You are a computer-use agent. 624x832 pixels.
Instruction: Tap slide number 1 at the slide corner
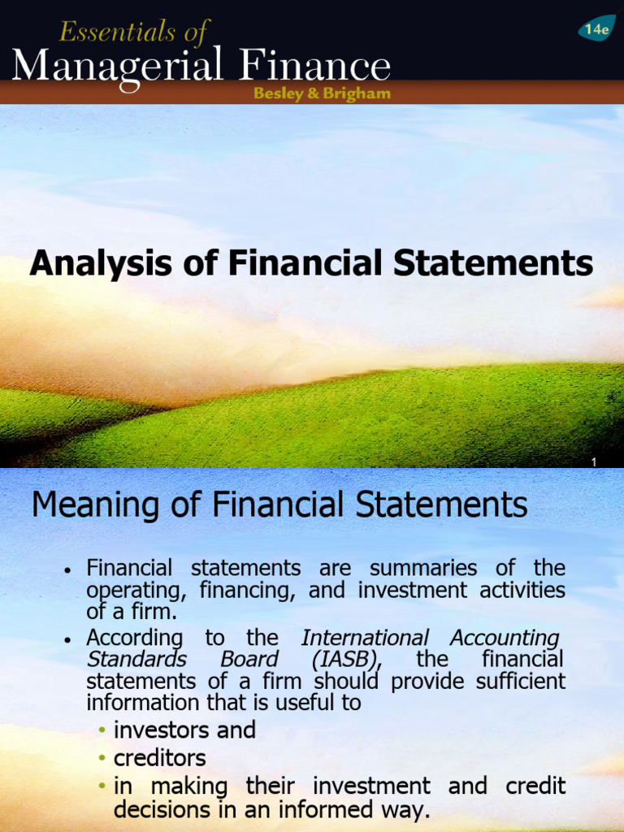click(x=594, y=462)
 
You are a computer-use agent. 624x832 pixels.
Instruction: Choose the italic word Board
click(x=249, y=659)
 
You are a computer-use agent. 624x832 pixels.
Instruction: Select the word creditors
click(x=160, y=758)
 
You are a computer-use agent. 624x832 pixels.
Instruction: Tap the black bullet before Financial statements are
click(x=70, y=570)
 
